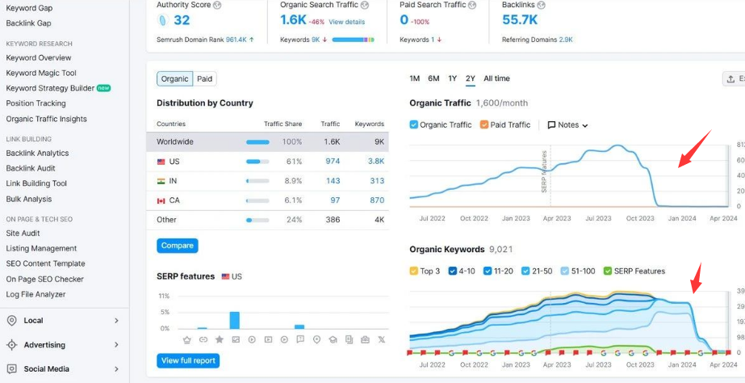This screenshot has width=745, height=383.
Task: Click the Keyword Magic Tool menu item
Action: tap(41, 73)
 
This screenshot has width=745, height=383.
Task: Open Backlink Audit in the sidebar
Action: tap(31, 168)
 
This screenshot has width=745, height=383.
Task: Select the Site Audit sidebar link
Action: tap(23, 234)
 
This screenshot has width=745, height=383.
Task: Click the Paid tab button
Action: tap(205, 78)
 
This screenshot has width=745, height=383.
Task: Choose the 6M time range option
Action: tap(433, 78)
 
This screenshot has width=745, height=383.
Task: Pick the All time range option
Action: tap(496, 78)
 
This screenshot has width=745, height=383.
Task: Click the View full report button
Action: tap(188, 360)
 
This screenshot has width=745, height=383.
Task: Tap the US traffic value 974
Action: tap(333, 162)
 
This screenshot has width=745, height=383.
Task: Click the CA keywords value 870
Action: tap(377, 200)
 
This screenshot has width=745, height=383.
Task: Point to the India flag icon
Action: tap(161, 181)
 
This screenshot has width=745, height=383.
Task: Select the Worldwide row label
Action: tap(175, 142)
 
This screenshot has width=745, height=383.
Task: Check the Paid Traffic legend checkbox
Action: tap(484, 125)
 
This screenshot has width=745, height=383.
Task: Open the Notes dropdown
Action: tap(568, 125)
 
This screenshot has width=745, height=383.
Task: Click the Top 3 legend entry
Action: tap(425, 271)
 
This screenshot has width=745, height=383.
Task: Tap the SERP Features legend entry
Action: tap(637, 271)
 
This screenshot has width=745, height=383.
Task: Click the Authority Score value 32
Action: tap(182, 20)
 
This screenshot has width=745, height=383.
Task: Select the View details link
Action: tap(346, 22)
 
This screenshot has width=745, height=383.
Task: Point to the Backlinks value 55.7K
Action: tap(520, 20)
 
